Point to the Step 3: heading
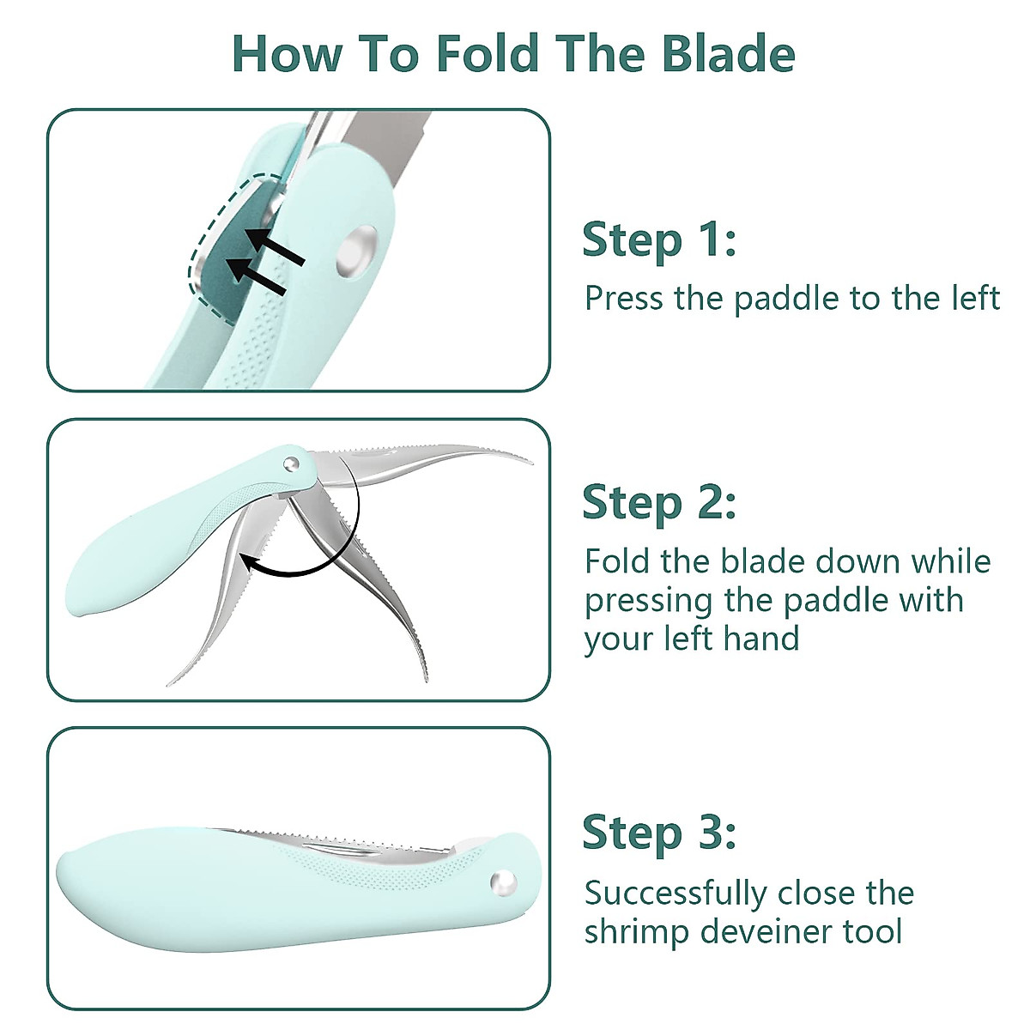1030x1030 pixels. [x=658, y=833]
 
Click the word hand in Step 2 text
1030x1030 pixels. [x=761, y=638]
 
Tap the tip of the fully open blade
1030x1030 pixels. [x=528, y=462]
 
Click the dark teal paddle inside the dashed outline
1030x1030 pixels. [x=230, y=249]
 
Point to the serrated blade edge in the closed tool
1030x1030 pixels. [x=343, y=836]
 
